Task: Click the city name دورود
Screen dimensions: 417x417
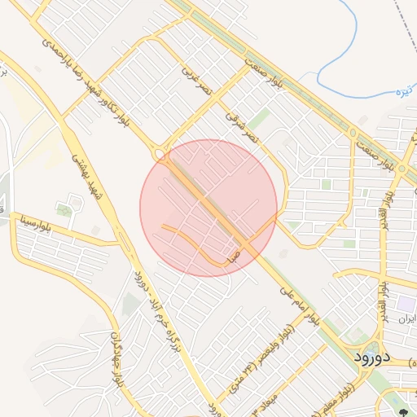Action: pos(374,357)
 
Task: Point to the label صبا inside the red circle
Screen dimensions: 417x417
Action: pos(234,256)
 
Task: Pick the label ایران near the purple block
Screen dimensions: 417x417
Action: pos(408,319)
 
